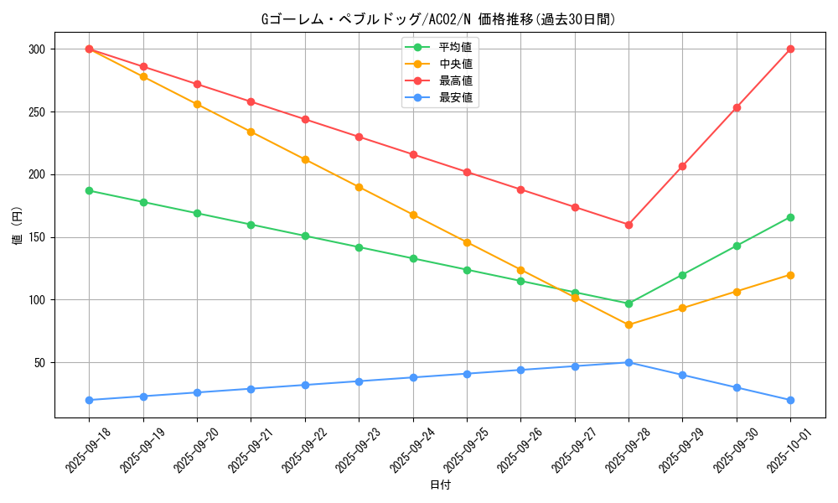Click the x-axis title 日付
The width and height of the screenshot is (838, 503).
pyautogui.click(x=440, y=485)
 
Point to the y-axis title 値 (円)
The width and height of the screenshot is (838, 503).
pyautogui.click(x=18, y=227)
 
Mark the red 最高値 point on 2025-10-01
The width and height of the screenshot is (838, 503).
pyautogui.click(x=790, y=49)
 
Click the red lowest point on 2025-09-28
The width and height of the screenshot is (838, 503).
pyautogui.click(x=628, y=225)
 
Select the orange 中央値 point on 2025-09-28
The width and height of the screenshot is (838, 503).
pyautogui.click(x=628, y=324)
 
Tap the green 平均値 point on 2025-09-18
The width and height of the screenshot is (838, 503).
pyautogui.click(x=90, y=190)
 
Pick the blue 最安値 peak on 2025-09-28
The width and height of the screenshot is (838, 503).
pyautogui.click(x=628, y=362)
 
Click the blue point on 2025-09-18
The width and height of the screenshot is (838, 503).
pyautogui.click(x=90, y=400)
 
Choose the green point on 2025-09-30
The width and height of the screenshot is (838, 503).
pyautogui.click(x=737, y=246)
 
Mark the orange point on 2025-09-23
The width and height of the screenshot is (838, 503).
pyautogui.click(x=359, y=187)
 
